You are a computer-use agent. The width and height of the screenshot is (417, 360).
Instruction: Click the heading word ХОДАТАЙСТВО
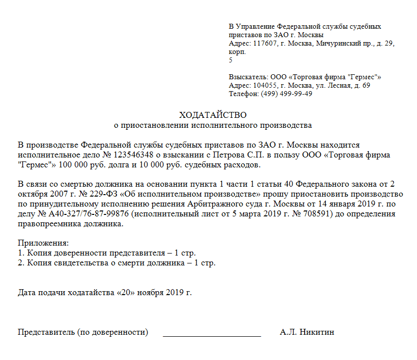click(212, 115)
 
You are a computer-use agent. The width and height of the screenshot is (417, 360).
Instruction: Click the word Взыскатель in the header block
click(248, 77)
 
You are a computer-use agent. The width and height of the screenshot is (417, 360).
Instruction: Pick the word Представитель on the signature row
click(46, 332)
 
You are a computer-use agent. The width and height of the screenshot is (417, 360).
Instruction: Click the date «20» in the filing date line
click(125, 292)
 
